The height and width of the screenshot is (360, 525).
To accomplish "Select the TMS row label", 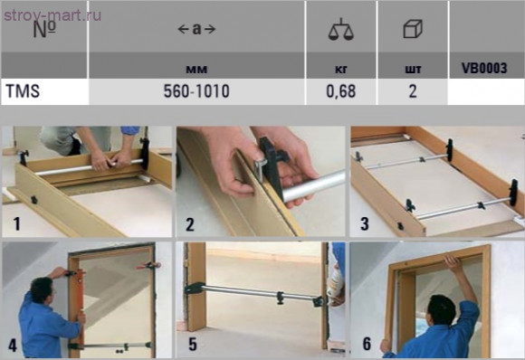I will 20,91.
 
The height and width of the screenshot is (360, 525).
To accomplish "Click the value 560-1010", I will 196,91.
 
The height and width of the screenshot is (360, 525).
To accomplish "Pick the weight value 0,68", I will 341,91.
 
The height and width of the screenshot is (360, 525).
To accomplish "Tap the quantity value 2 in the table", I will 412,91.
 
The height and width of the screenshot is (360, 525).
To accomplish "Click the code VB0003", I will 485,68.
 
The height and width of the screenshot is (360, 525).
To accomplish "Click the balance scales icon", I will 341,30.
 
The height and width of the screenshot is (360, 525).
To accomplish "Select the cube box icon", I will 412,30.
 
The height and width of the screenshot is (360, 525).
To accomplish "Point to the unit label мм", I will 196,68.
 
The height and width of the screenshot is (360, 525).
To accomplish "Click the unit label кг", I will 341,68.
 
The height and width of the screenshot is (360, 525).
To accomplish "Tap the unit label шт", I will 412,68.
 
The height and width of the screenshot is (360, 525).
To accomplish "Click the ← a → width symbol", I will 196,29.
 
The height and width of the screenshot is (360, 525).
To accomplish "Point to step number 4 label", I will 13,344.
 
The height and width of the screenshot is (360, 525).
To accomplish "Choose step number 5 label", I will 192,344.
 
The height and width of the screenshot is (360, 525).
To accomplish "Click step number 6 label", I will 366,344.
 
